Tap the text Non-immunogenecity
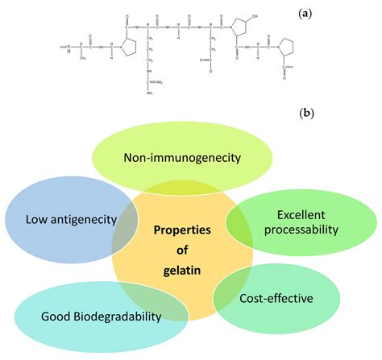tap(183, 158)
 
